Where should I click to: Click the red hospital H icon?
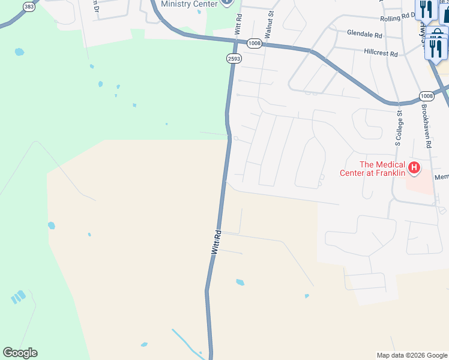click(x=414, y=167)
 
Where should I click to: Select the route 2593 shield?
click(x=234, y=58)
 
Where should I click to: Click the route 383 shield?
click(x=29, y=7)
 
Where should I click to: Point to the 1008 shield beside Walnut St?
click(x=254, y=43)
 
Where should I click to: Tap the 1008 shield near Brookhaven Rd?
click(x=426, y=96)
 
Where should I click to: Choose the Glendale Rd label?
click(x=364, y=35)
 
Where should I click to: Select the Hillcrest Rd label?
click(x=381, y=53)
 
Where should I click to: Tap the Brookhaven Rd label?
click(x=426, y=127)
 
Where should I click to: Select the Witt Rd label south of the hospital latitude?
click(x=216, y=242)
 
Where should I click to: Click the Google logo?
click(x=20, y=353)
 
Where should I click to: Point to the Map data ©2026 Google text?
click(x=411, y=355)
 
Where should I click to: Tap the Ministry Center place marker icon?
click(x=226, y=2)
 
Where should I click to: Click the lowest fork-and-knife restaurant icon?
click(x=436, y=48)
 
